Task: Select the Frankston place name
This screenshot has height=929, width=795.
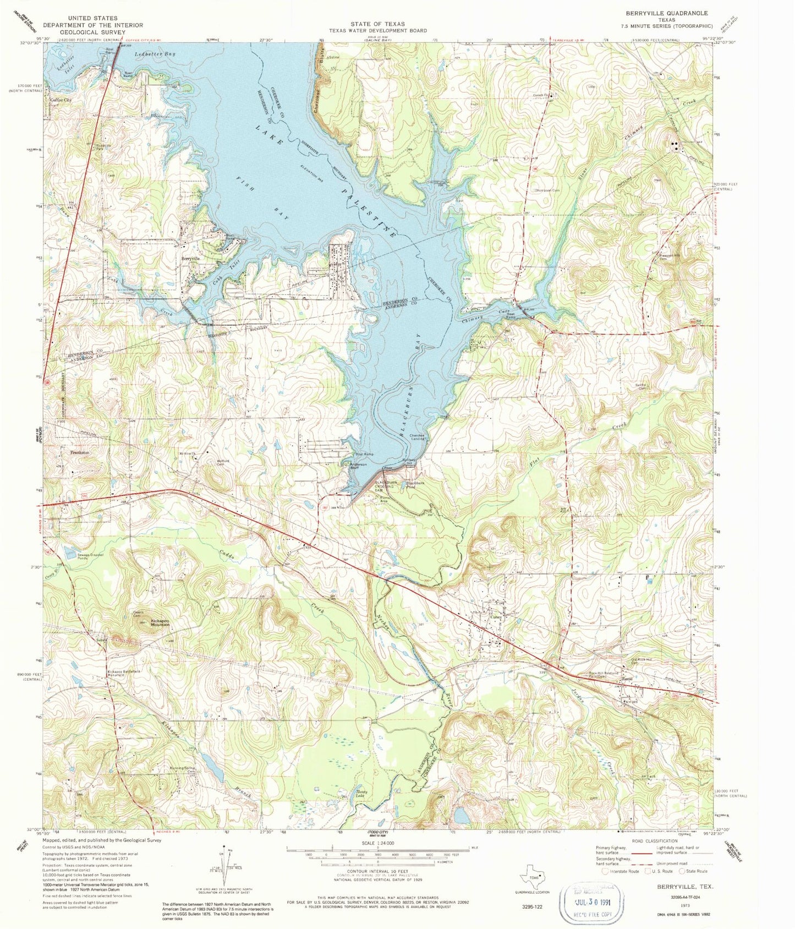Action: (80, 452)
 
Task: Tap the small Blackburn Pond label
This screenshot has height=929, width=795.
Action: (416, 485)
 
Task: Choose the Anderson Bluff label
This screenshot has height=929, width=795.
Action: (359, 467)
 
